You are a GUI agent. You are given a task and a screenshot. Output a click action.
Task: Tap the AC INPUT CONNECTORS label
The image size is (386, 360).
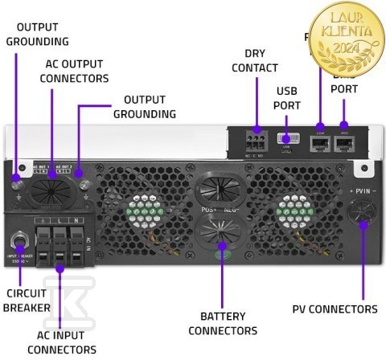61,342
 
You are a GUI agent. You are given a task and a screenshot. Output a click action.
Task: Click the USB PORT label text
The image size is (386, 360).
287,98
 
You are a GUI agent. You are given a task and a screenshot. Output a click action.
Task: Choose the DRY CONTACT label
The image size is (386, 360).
255,60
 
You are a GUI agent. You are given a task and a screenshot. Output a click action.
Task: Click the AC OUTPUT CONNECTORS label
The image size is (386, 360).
74,71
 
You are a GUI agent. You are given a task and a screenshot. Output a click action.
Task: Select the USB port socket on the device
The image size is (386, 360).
288,141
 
